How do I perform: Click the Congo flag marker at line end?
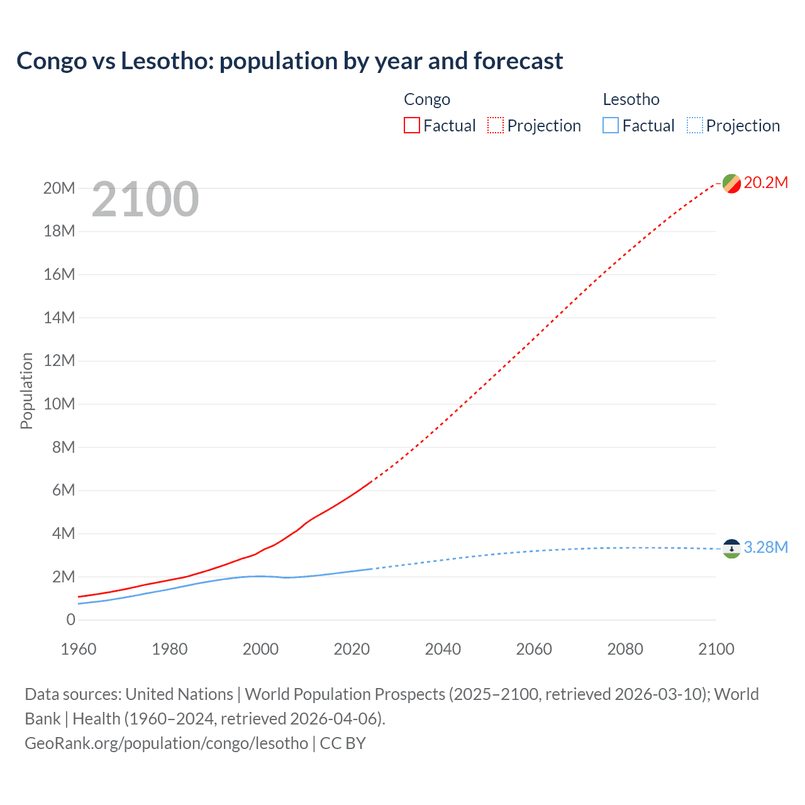(x=731, y=184)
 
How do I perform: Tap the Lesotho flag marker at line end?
(x=731, y=548)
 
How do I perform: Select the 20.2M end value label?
(x=765, y=183)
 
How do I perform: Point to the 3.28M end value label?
(x=765, y=548)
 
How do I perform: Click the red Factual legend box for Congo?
(x=411, y=126)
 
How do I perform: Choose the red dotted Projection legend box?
(x=496, y=126)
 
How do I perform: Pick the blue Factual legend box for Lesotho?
(x=611, y=126)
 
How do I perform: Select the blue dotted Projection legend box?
(x=695, y=126)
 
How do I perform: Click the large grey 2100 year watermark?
(x=145, y=200)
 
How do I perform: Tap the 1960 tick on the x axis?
(x=79, y=649)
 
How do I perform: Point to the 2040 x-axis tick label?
(x=443, y=649)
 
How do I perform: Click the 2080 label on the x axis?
(x=625, y=649)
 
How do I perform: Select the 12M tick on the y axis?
(x=59, y=361)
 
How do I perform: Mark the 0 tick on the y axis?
(x=70, y=620)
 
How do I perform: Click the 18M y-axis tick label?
(x=59, y=231)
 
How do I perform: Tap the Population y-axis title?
(x=26, y=391)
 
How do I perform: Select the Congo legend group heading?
(x=427, y=99)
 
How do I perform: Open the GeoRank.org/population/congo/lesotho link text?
(x=166, y=743)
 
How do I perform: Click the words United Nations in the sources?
(x=179, y=694)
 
